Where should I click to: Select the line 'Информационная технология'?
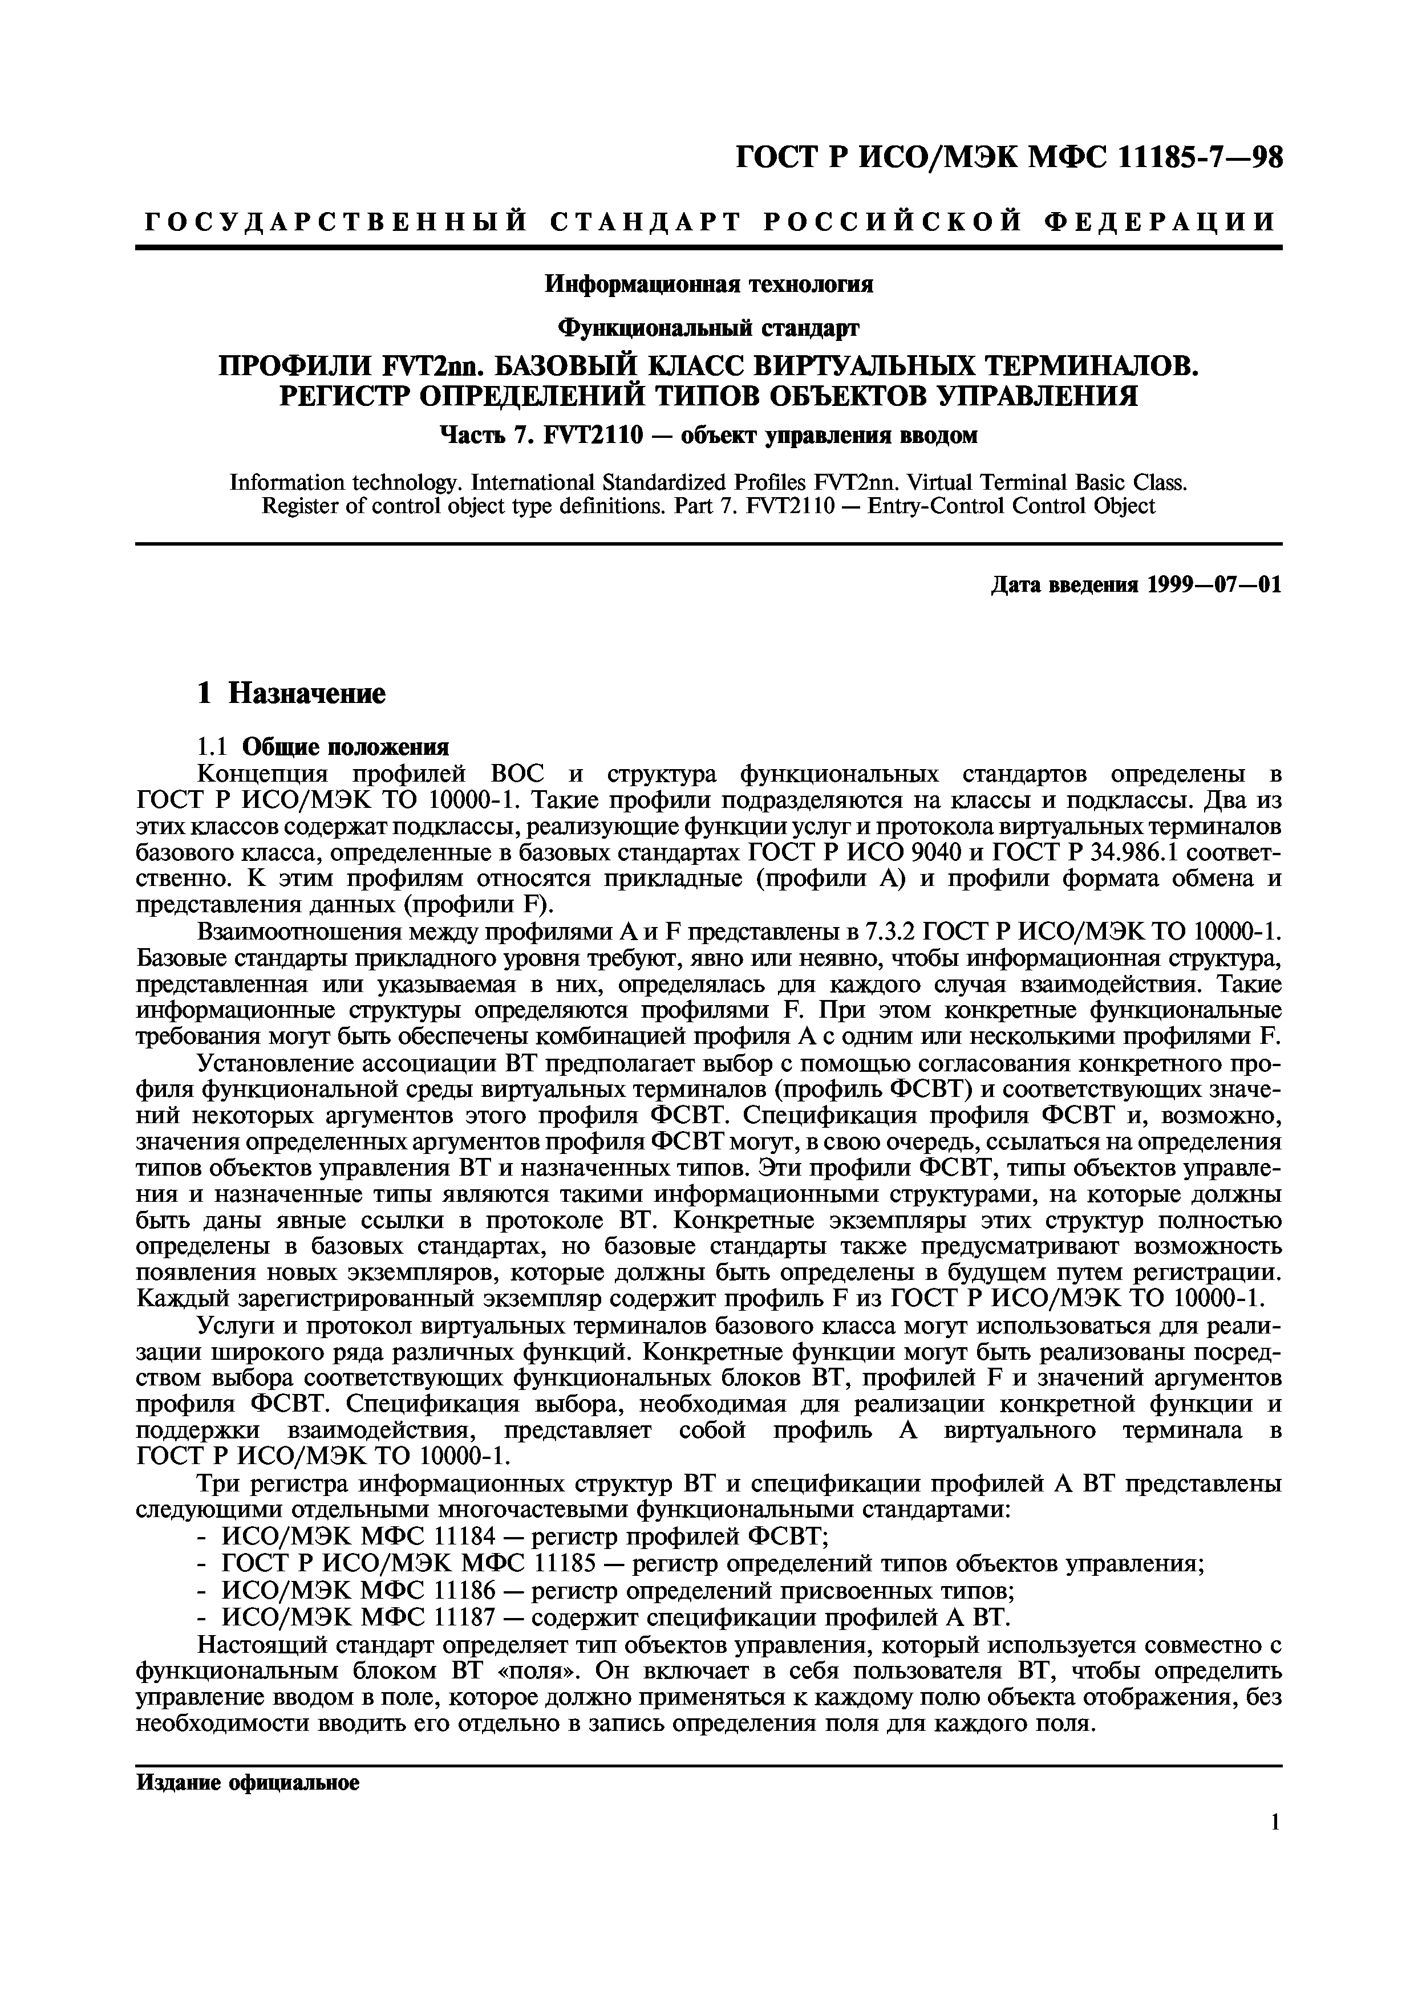click(708, 285)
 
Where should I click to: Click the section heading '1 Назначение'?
click(291, 693)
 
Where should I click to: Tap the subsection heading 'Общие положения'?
click(346, 746)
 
